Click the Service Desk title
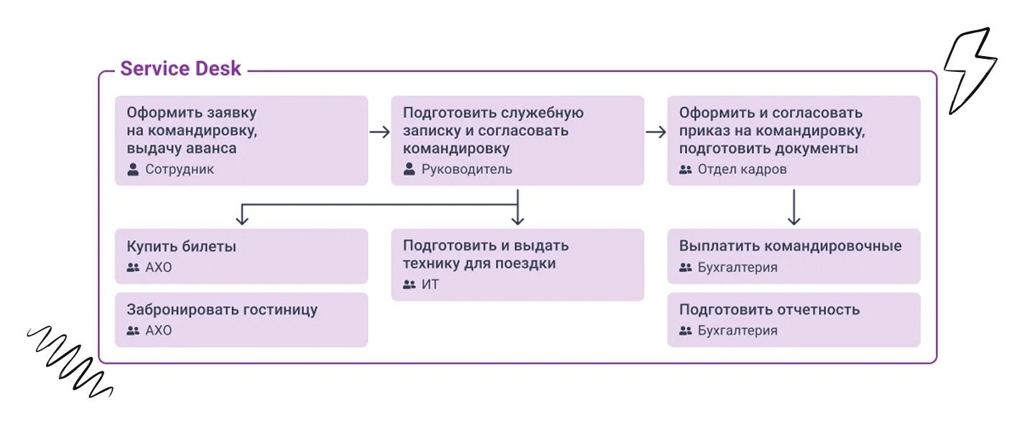[180, 69]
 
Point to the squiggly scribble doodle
[69, 361]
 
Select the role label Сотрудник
[179, 170]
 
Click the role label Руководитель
[466, 170]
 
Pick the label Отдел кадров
[742, 170]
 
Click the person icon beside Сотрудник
[133, 170]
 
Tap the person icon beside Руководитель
[409, 169]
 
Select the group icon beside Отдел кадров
[686, 170]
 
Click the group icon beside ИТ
[409, 285]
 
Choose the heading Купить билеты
[181, 246]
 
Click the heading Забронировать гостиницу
[222, 310]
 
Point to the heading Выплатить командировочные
[790, 246]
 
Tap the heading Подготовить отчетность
[769, 310]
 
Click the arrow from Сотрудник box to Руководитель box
[379, 132]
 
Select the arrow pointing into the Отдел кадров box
[656, 132]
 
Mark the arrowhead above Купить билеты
[242, 221]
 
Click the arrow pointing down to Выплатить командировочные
[793, 207]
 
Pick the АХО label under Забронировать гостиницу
[158, 331]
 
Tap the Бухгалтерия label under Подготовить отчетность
[737, 331]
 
